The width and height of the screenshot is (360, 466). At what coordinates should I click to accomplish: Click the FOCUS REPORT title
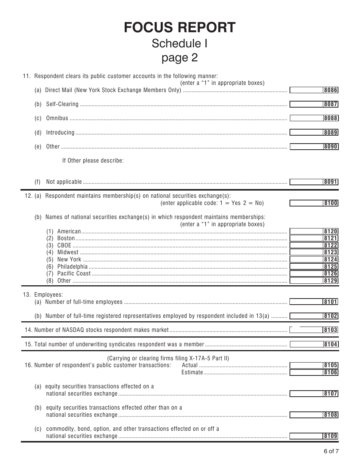click(x=180, y=27)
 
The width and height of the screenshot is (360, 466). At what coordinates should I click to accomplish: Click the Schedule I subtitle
click(x=180, y=43)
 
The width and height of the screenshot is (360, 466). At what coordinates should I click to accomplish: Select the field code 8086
click(x=330, y=90)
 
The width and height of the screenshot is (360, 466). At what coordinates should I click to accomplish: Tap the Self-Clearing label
click(x=62, y=104)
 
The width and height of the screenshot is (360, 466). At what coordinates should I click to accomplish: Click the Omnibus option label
click(x=57, y=118)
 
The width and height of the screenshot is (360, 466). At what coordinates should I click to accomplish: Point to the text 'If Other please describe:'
click(x=93, y=161)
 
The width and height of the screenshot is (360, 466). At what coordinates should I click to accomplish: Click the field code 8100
click(x=330, y=203)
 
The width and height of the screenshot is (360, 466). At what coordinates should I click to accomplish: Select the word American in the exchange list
click(x=69, y=231)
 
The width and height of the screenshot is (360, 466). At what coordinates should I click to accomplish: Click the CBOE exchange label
click(x=64, y=246)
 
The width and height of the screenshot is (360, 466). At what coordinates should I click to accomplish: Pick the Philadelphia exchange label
click(x=72, y=267)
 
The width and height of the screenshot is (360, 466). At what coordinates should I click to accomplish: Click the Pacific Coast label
click(x=74, y=274)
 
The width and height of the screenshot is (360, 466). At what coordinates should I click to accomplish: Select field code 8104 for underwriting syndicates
click(x=330, y=344)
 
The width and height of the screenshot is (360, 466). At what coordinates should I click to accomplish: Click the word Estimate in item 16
click(x=192, y=372)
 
